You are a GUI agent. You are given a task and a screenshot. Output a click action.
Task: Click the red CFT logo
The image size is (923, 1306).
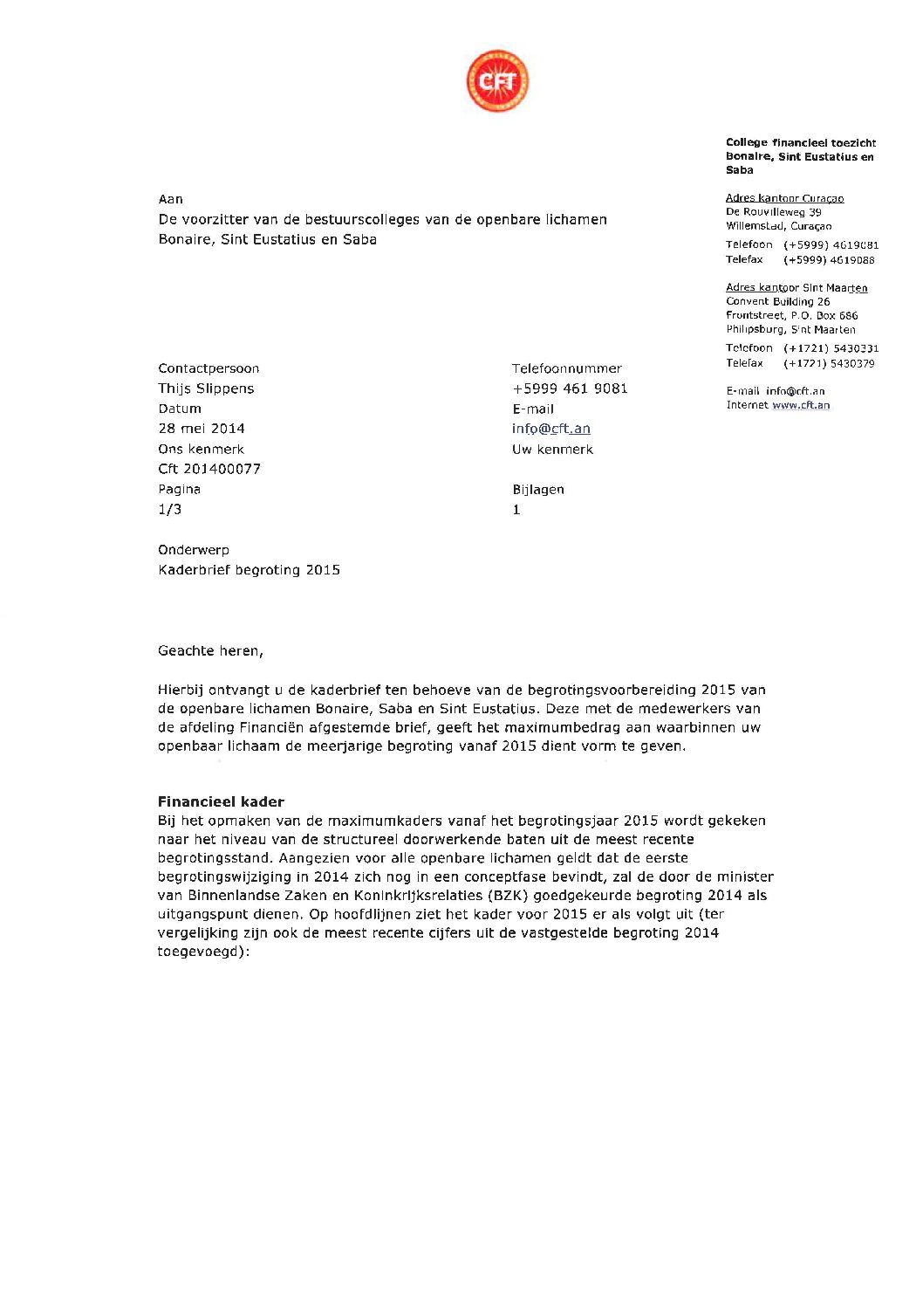(x=497, y=81)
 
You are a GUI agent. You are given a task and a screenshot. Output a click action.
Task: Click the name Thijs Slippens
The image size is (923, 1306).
(x=206, y=388)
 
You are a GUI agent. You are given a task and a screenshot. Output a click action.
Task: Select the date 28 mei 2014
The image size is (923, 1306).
(x=202, y=429)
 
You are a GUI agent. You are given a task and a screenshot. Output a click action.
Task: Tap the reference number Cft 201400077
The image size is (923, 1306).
(x=209, y=469)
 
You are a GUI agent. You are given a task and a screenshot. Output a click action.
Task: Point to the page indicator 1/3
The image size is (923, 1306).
(x=170, y=509)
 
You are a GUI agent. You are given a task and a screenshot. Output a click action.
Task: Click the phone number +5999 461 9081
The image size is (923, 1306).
(x=570, y=388)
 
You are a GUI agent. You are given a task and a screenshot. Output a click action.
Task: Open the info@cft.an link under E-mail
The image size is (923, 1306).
(x=551, y=429)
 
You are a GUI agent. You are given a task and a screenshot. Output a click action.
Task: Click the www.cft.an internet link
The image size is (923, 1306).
(x=801, y=405)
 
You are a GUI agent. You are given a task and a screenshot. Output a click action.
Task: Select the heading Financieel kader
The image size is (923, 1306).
(x=221, y=801)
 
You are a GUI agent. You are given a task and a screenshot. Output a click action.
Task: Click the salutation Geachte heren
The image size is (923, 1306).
(x=210, y=650)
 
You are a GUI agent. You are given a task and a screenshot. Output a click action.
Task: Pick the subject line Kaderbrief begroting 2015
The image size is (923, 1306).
(x=249, y=570)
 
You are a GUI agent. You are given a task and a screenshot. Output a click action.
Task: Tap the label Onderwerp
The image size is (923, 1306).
(x=194, y=550)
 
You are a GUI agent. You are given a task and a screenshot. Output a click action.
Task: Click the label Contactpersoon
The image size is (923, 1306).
(x=209, y=368)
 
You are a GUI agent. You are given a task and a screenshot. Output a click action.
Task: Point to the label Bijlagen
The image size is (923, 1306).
(x=538, y=490)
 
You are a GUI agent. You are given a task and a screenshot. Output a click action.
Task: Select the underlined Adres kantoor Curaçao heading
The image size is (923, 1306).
(x=784, y=198)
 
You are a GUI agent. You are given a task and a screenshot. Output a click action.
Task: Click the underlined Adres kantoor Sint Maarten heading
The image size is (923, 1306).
(x=797, y=287)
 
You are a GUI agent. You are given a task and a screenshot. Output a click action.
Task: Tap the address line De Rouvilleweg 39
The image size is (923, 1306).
(x=773, y=212)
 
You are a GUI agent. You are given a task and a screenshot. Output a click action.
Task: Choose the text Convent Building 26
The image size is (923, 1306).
(x=777, y=301)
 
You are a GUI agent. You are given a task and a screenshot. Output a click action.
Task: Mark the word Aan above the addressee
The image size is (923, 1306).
(x=171, y=199)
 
